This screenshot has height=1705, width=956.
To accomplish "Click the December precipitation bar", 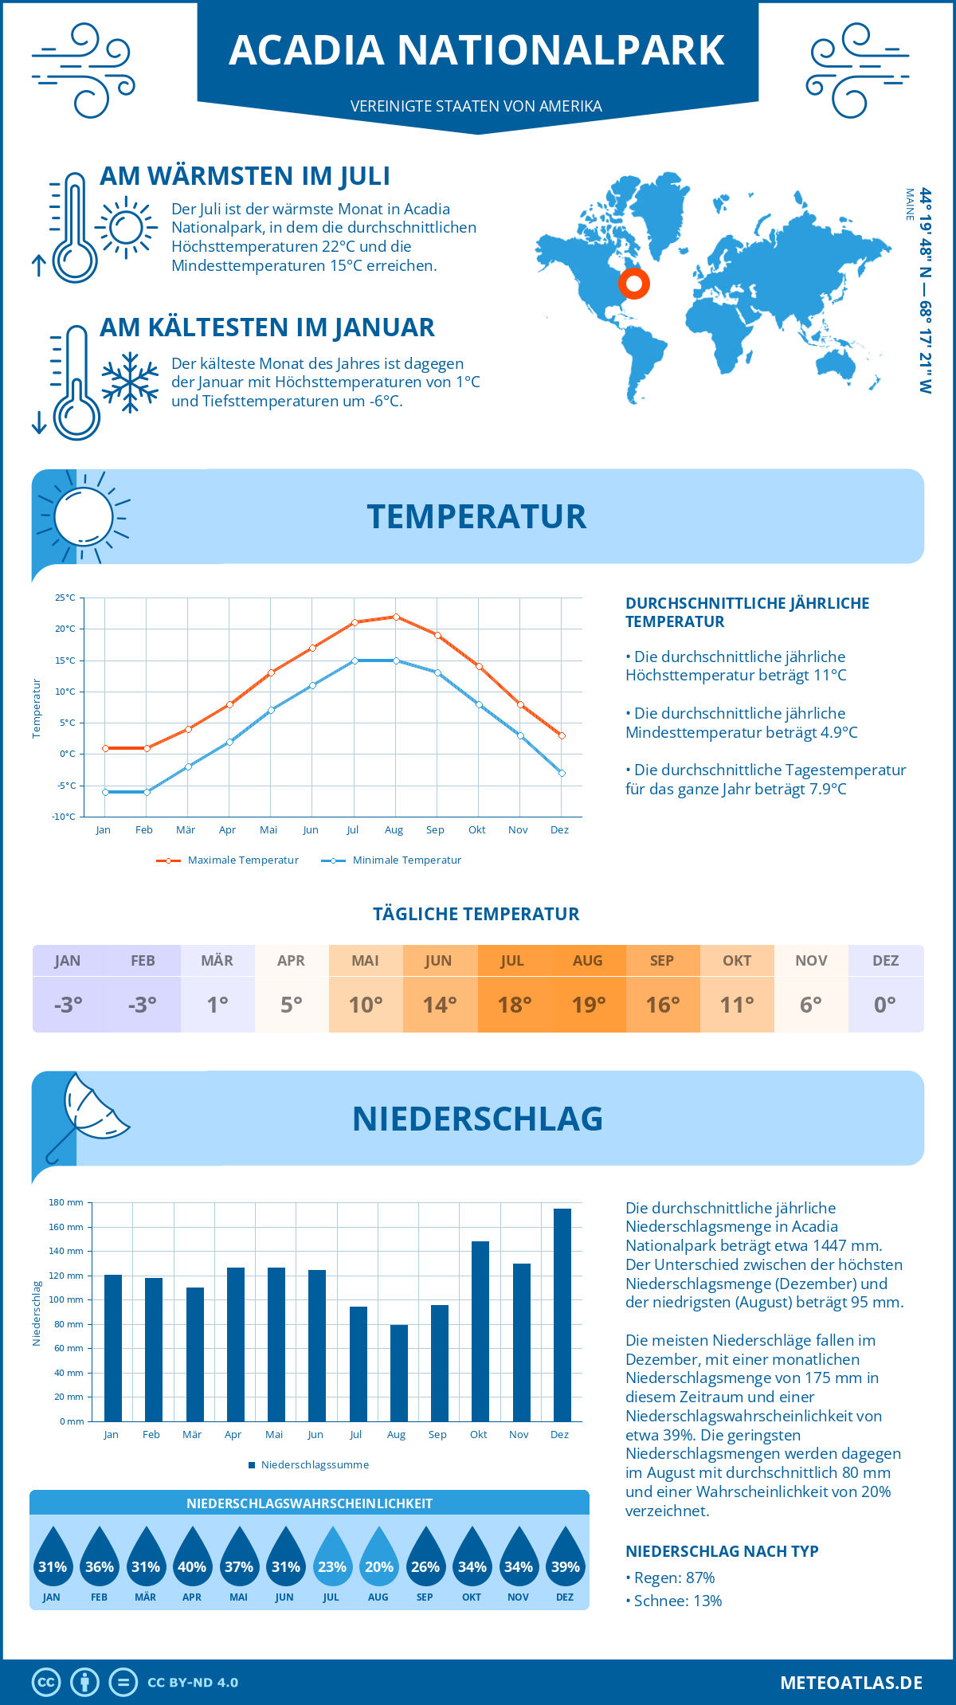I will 562,1315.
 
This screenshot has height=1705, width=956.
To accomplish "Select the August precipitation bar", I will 398,1373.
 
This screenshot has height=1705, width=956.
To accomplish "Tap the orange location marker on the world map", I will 634,283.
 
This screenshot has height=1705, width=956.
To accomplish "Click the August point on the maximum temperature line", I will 396,617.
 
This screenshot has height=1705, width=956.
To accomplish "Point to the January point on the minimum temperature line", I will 104,792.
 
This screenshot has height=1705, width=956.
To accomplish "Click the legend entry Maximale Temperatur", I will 228,860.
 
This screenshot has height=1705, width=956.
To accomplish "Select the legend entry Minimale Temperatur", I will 392,860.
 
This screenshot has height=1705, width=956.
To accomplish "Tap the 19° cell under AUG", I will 588,1005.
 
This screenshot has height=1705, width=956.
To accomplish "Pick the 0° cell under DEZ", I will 885,1005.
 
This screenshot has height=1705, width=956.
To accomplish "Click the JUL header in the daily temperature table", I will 512,961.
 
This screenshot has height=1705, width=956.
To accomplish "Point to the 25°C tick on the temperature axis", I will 65,598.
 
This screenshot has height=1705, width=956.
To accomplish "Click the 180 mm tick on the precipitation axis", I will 66,1202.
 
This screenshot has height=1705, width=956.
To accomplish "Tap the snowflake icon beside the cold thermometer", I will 130,382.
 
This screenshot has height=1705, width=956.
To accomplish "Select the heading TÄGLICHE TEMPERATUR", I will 476,915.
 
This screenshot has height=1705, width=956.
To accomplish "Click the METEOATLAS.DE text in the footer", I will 851,1683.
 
